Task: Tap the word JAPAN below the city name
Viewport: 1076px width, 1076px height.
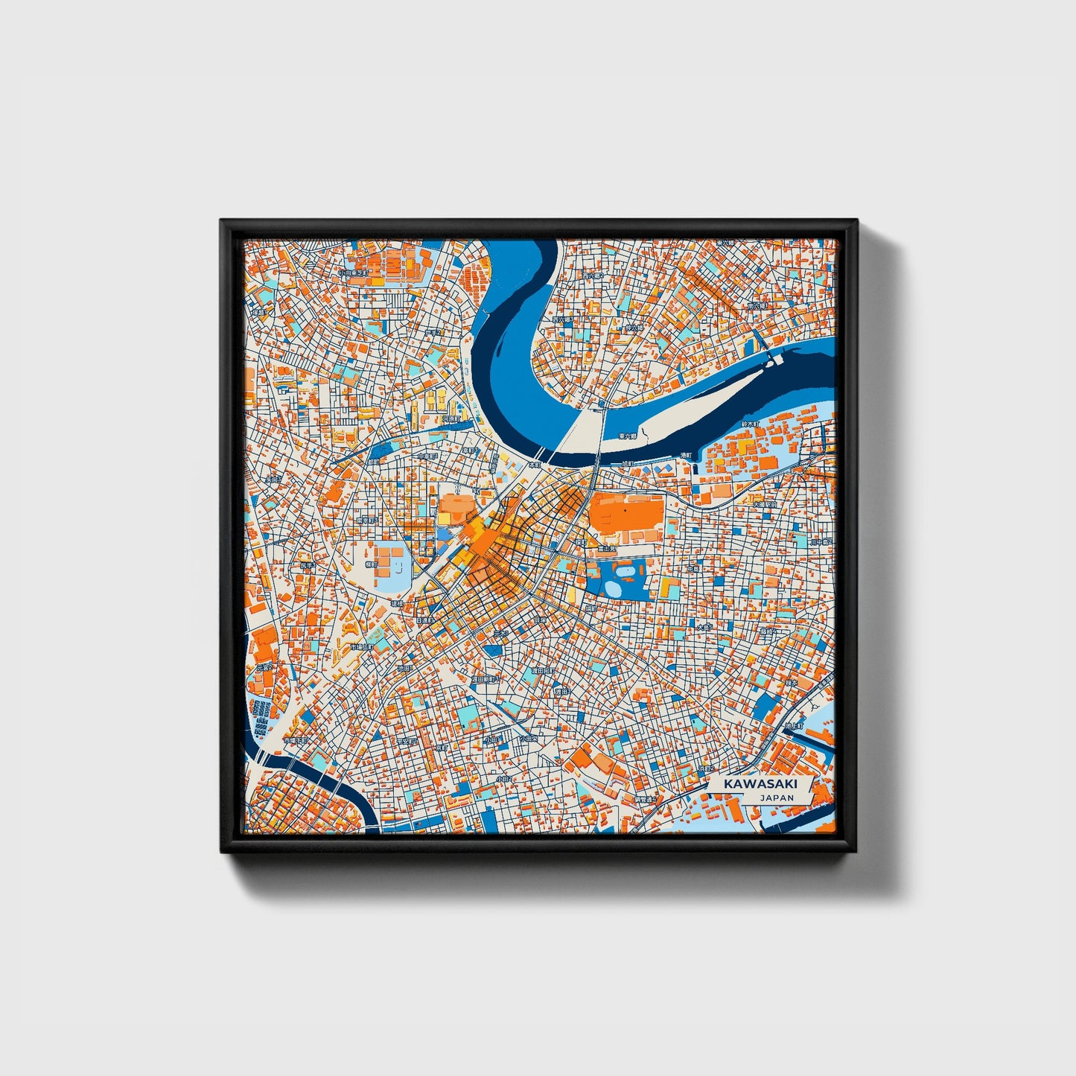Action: click(x=777, y=798)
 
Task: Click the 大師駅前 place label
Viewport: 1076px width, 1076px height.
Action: click(x=764, y=504)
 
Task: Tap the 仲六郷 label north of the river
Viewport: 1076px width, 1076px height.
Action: click(x=634, y=327)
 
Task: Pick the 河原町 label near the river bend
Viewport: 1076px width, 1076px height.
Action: click(x=452, y=419)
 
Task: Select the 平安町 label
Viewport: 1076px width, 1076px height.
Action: click(x=407, y=741)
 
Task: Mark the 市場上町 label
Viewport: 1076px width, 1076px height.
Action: click(x=296, y=741)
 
